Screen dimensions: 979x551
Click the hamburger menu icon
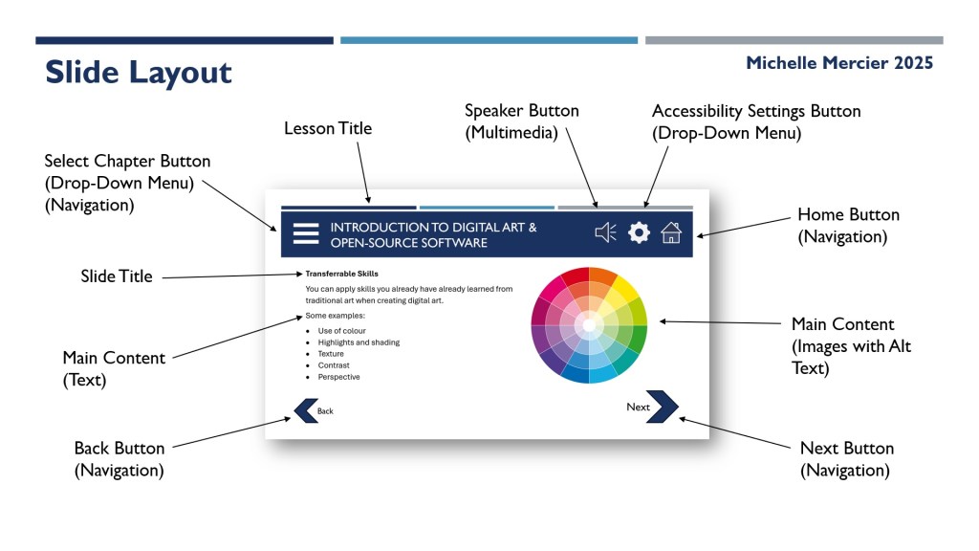tap(306, 233)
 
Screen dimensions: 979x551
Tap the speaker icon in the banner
tap(605, 232)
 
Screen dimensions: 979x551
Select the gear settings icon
tap(639, 232)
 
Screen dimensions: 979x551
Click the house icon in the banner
tap(671, 232)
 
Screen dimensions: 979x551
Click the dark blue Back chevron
tap(305, 410)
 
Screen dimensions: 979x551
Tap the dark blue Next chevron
tap(664, 407)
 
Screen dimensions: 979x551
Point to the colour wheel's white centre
tap(589, 324)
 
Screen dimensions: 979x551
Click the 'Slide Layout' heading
tap(138, 73)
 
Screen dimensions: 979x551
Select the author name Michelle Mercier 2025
tap(839, 63)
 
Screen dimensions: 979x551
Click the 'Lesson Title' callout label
tap(328, 128)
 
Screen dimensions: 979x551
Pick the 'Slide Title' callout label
tap(116, 276)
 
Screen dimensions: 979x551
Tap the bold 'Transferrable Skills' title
tap(341, 274)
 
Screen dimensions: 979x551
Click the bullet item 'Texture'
tap(330, 354)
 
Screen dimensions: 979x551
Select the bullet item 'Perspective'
tap(338, 377)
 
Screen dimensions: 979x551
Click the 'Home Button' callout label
tap(849, 214)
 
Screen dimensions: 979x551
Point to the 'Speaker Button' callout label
tap(521, 111)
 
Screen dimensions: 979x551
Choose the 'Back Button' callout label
tap(120, 448)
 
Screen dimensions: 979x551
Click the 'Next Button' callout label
tap(847, 448)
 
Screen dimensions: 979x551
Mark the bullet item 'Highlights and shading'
tap(359, 342)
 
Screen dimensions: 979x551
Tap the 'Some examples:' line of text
tap(336, 316)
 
